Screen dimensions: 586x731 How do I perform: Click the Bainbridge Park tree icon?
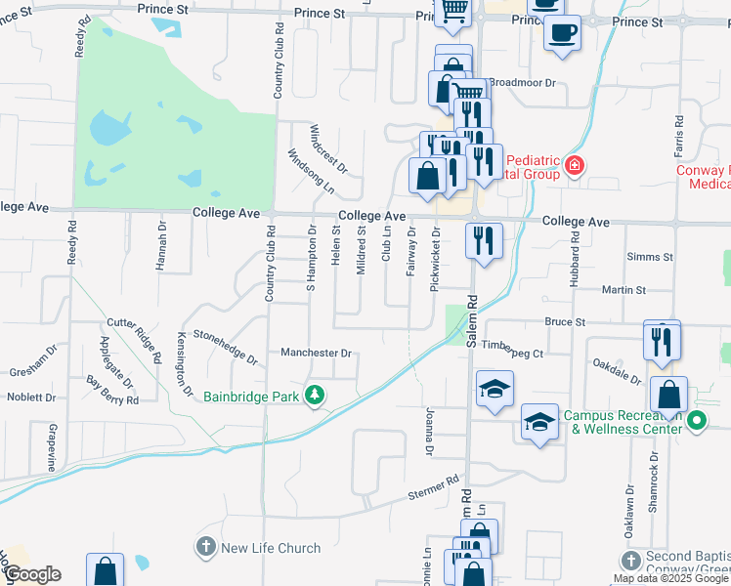[315, 396]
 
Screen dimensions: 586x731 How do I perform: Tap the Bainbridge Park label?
[252, 397]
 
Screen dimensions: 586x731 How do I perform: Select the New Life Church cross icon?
[205, 548]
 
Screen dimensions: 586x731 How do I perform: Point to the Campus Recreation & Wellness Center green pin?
[697, 422]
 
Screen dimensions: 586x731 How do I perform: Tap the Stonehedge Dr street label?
[226, 346]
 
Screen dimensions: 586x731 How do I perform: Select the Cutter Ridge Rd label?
[135, 339]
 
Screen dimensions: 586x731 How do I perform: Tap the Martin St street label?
[623, 290]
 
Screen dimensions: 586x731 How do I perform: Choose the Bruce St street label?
[565, 321]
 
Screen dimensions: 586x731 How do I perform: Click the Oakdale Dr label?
[616, 370]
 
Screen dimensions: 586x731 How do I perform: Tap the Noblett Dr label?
[32, 398]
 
